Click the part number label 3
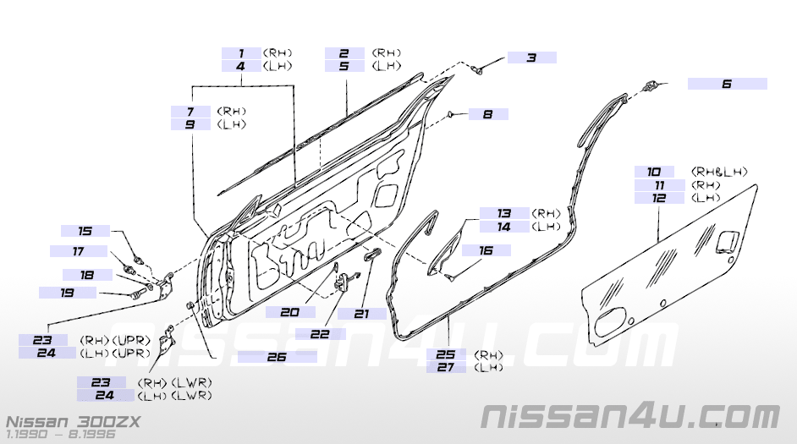(531, 58)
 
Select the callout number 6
(727, 84)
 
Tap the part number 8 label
(487, 114)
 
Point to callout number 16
(486, 250)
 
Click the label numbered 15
(85, 231)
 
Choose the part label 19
(68, 293)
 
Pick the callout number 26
(277, 357)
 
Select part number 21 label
(362, 313)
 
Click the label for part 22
(319, 334)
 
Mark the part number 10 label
(655, 172)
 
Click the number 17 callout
(78, 251)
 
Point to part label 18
(87, 275)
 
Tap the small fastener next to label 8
(452, 114)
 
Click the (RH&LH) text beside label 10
(719, 172)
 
